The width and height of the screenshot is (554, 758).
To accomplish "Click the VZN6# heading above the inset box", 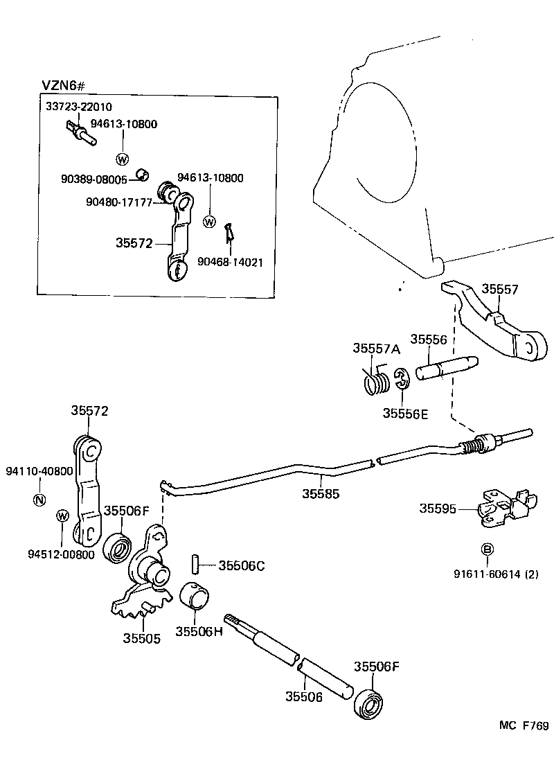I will (x=63, y=85).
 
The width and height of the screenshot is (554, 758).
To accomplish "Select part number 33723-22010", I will (x=78, y=107).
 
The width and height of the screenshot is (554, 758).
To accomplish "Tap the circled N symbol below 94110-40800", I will (x=39, y=500).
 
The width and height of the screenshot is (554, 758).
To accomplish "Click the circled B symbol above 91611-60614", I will (x=487, y=549).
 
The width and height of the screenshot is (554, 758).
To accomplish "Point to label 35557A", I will (x=376, y=349).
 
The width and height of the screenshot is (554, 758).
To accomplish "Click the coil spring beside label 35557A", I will (x=376, y=382).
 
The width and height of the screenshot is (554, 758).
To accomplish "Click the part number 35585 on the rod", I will (x=321, y=493).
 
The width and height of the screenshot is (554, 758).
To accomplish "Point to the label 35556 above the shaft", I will (x=429, y=340).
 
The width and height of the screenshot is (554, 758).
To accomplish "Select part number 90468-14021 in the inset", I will (x=229, y=263).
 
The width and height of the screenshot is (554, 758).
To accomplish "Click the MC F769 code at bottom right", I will (x=524, y=726).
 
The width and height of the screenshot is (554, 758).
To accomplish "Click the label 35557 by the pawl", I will (x=501, y=290).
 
